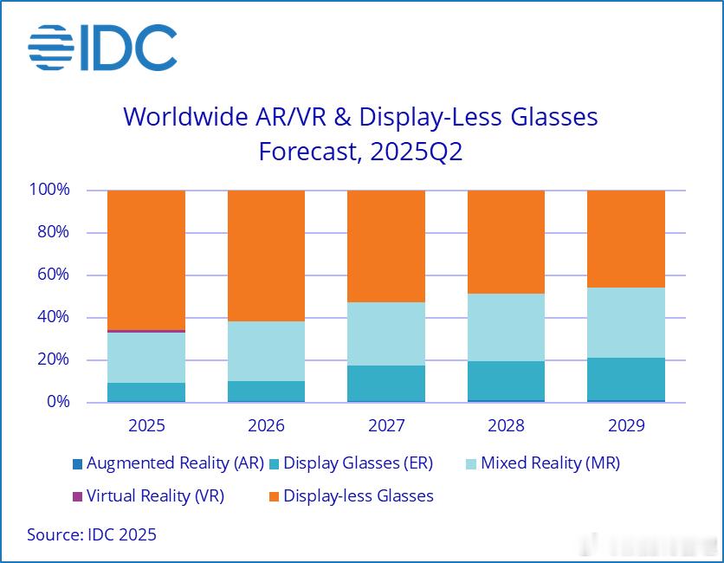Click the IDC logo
pos(102,48)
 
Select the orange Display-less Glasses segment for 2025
pos(146,259)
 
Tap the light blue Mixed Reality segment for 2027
pos(386,333)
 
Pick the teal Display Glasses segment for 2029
pos(626,379)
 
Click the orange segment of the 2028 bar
pos(506,242)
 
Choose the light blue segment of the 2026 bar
pos(266,351)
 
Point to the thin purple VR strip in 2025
pos(146,331)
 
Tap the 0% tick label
pos(57,402)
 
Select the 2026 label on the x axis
pos(266,426)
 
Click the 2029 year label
pos(626,426)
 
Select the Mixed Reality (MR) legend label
pos(550,463)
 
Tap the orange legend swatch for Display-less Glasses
pos(273,496)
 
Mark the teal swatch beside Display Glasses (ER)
pos(273,464)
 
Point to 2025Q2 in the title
pos(416,152)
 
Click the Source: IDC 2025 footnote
pos(92,534)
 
